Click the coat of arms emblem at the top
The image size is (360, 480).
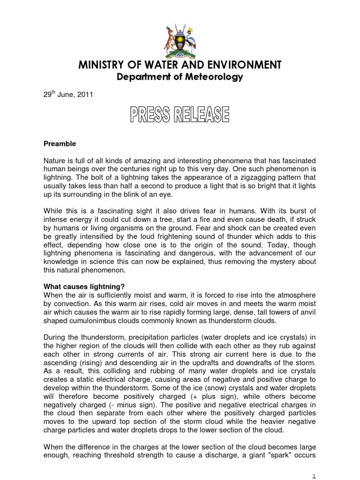coord(180,37)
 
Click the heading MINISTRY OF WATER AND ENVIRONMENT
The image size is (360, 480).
coord(180,65)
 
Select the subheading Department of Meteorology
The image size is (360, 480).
coord(180,77)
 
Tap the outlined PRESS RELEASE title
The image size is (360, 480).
coord(180,114)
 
